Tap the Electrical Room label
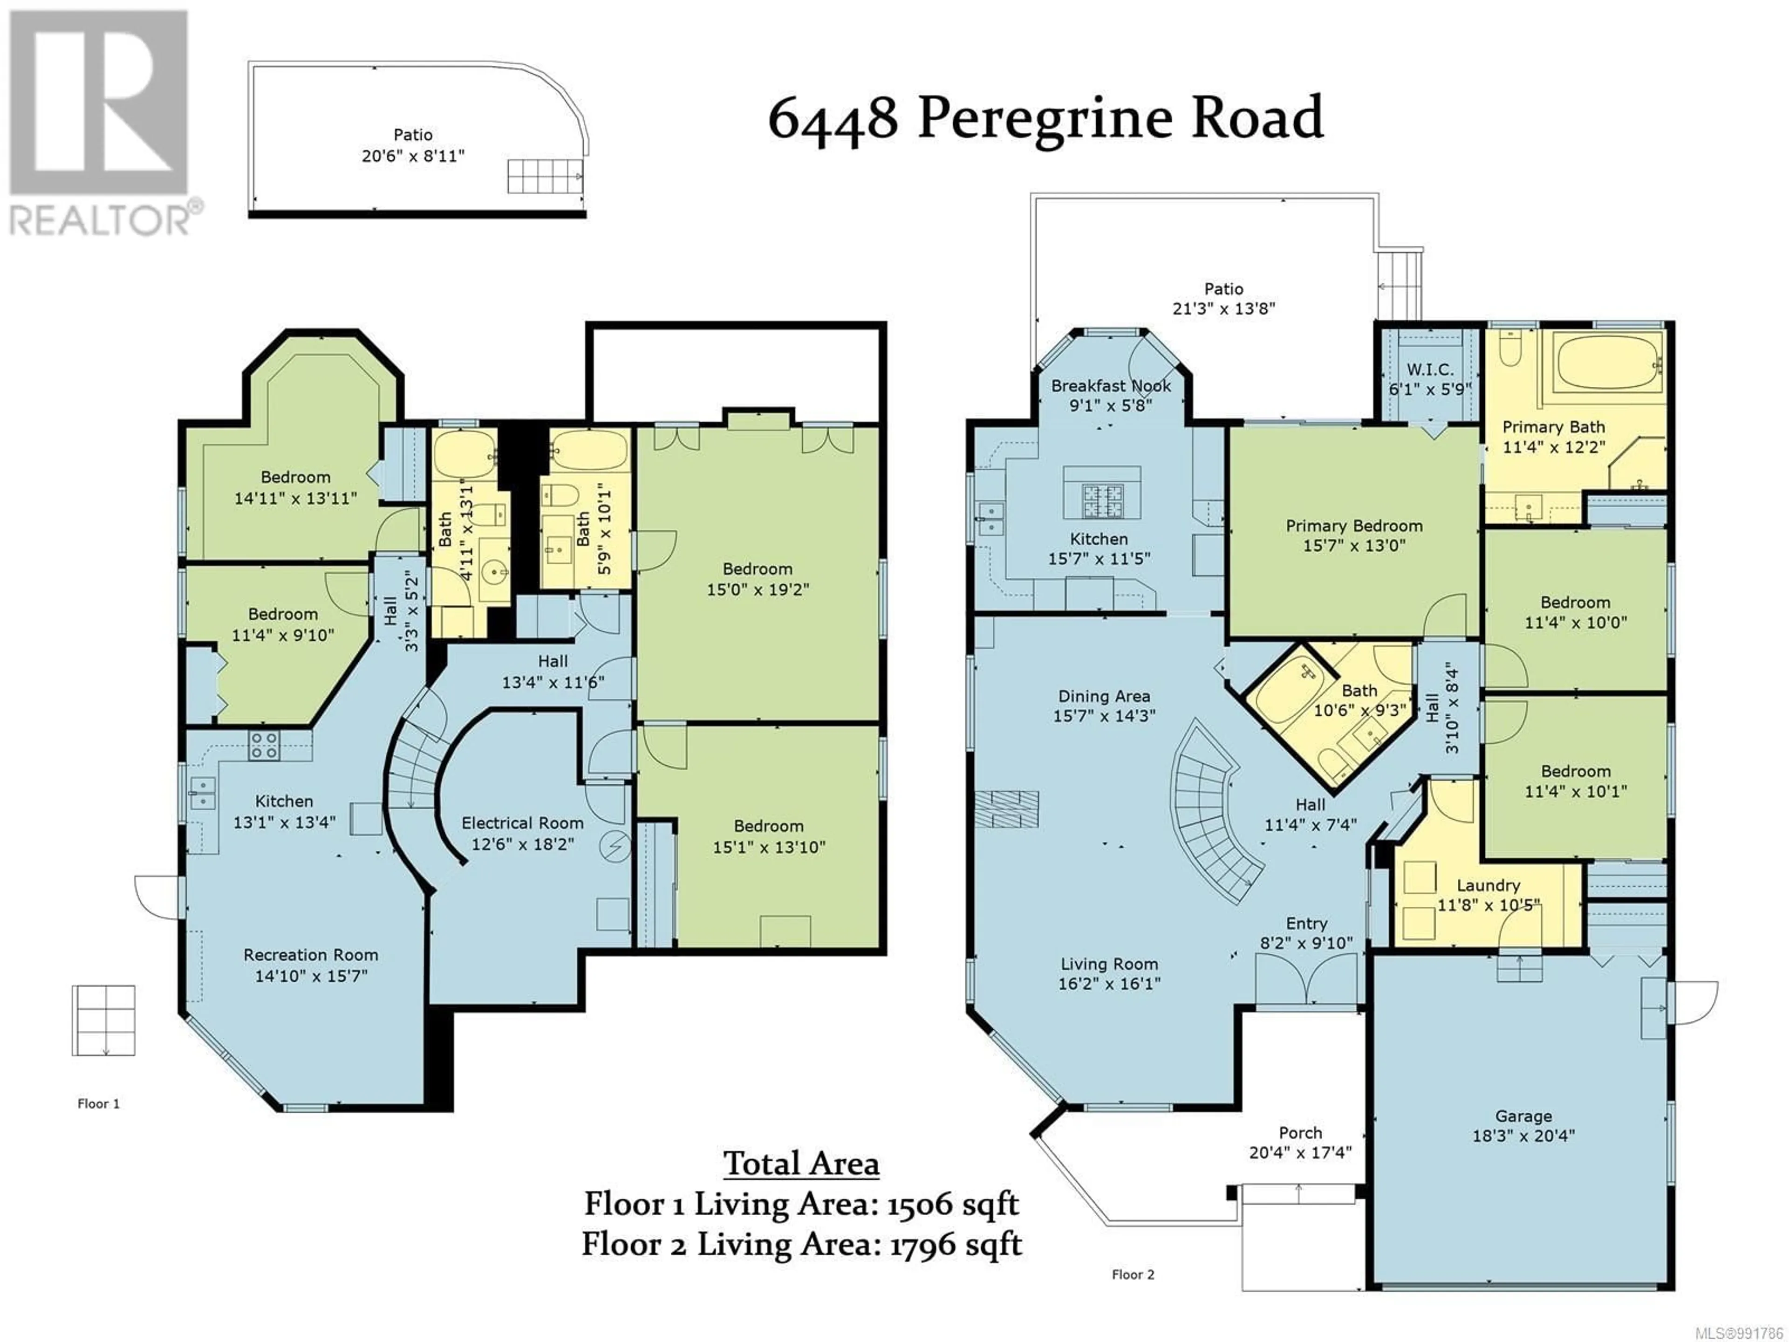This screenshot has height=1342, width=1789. [522, 822]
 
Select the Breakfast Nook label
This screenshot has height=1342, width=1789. [1111, 386]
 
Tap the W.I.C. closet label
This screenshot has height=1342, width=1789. [1430, 370]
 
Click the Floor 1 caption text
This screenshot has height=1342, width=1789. [99, 1103]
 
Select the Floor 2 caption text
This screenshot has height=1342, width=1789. [1133, 1274]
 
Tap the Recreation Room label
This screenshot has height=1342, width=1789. [311, 954]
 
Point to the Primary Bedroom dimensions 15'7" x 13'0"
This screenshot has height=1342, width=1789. [1354, 545]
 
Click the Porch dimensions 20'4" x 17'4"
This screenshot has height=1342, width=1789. [1300, 1152]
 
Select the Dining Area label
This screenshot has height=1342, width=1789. [1104, 696]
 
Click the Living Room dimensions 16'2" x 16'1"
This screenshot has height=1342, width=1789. [1109, 984]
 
